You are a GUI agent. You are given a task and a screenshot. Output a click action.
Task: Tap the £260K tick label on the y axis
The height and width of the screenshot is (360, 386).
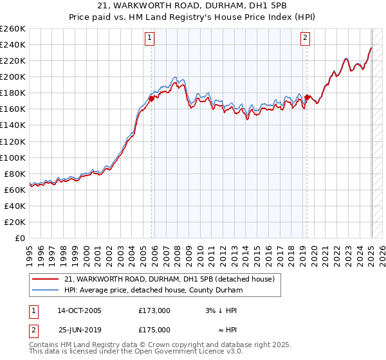click(x=13, y=29)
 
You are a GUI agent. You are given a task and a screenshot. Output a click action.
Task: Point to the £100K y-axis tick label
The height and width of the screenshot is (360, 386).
click(x=13, y=157)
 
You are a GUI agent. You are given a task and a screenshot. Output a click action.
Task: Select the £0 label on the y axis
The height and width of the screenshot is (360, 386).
click(x=20, y=238)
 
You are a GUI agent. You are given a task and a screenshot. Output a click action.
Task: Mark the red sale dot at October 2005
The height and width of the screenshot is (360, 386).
click(x=152, y=98)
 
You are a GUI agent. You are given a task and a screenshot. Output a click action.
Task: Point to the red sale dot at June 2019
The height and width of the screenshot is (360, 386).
click(x=308, y=97)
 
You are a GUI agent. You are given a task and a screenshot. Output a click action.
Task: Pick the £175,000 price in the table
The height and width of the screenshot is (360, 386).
click(x=154, y=330)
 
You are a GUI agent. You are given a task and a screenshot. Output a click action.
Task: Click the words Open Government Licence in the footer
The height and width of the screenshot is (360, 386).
click(x=187, y=352)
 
